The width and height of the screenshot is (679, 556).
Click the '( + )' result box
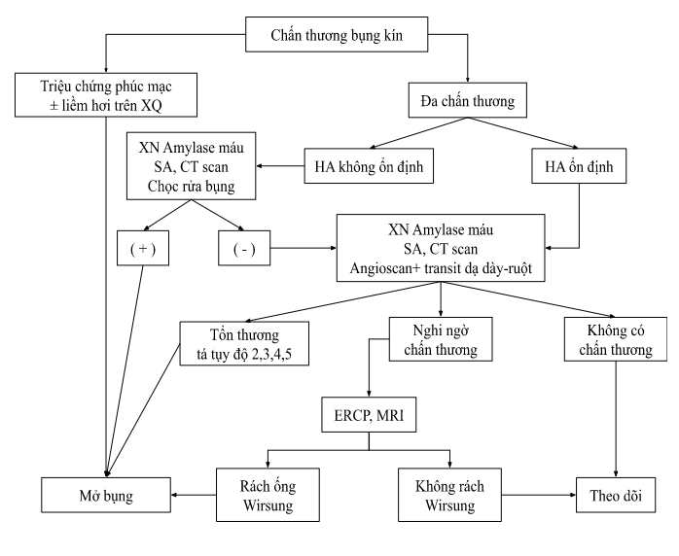click(x=142, y=250)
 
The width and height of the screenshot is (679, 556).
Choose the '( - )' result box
click(x=241, y=250)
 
